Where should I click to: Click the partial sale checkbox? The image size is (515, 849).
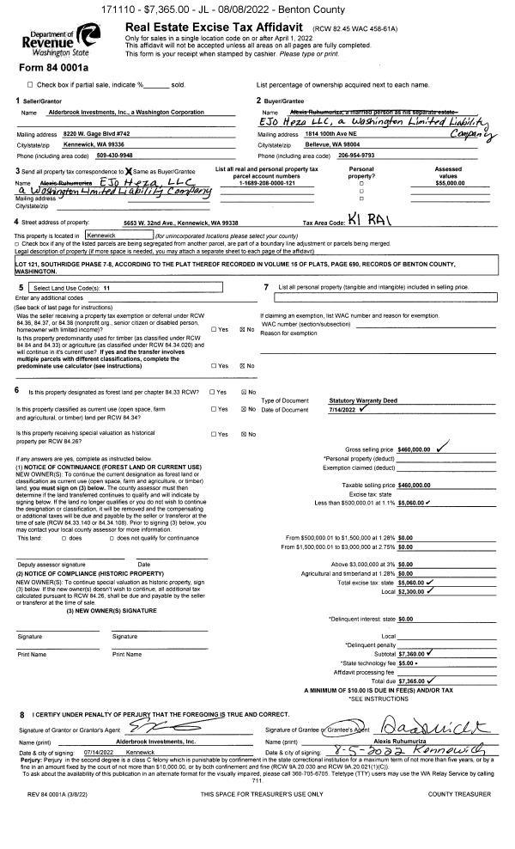[x=31, y=84]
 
